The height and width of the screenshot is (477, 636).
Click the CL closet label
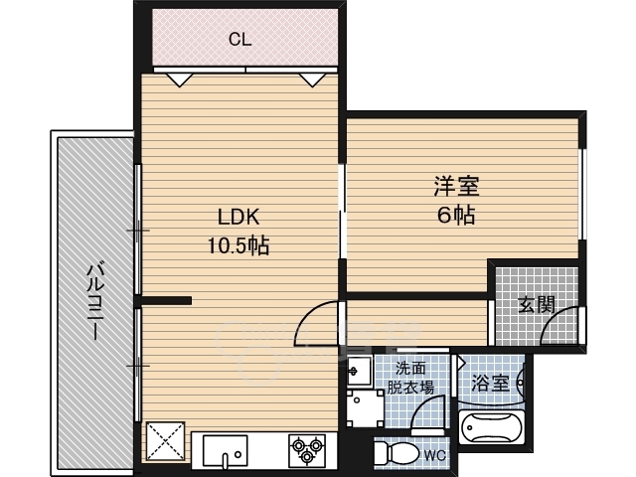point(240,40)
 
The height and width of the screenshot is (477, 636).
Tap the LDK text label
point(238,217)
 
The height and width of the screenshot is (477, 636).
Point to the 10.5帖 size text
point(238,245)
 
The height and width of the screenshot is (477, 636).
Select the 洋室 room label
point(456,186)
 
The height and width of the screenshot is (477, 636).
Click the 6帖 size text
point(456,215)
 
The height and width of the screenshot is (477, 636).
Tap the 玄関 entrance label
point(537,304)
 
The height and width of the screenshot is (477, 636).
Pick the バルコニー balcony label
point(96,301)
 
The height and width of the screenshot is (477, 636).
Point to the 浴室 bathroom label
point(490,383)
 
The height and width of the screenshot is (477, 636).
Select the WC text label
point(435,455)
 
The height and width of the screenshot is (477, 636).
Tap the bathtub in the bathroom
point(491,427)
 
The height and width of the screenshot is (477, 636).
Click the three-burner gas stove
point(307,450)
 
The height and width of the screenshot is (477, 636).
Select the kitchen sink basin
point(226,450)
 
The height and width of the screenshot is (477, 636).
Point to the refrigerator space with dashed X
point(165,441)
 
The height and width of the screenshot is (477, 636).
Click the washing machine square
point(365,407)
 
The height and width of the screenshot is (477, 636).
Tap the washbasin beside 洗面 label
point(360,371)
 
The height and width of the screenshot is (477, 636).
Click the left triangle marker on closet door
point(179,79)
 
